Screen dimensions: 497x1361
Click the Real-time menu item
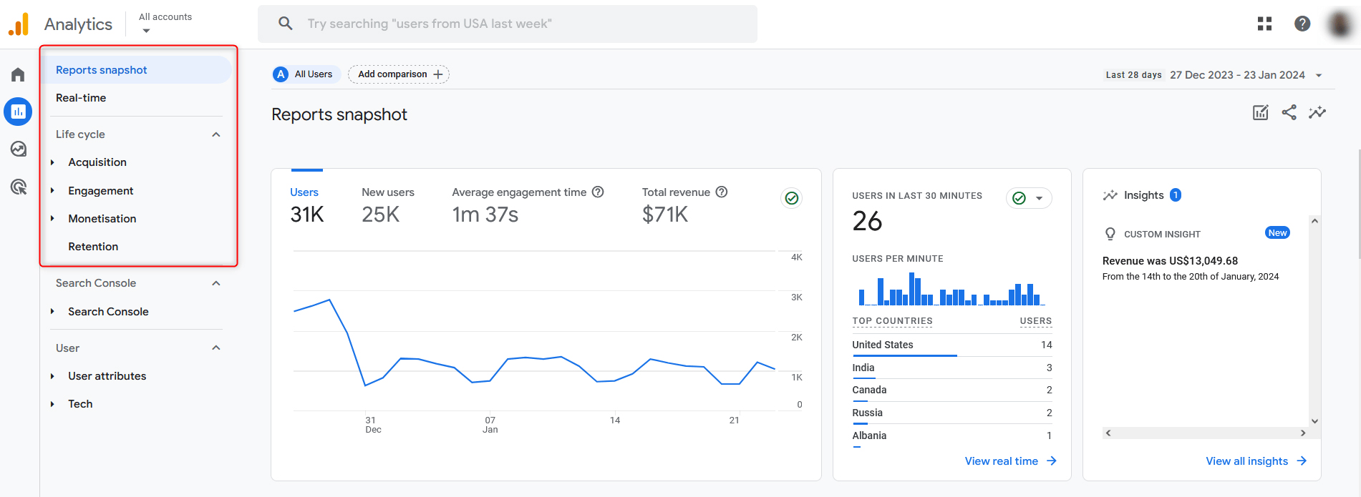[81, 98]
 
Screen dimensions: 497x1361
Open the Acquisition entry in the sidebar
[97, 162]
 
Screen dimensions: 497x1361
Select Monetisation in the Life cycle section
[102, 219]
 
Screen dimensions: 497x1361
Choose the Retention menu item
[93, 247]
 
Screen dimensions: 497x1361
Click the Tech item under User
[80, 404]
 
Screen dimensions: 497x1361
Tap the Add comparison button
[399, 74]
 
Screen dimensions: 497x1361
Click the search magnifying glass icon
[286, 24]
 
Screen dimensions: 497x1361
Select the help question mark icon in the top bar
[1302, 24]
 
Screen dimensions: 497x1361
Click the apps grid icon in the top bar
[1264, 24]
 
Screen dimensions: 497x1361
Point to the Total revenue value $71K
[664, 215]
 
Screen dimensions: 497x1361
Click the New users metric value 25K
[380, 215]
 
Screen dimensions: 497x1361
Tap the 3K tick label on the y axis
[796, 297]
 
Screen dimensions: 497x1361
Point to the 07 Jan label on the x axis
[490, 425]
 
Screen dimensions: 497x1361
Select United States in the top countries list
[882, 345]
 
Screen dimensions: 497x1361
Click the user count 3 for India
[1049, 368]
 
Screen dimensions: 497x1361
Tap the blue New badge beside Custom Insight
[1277, 233]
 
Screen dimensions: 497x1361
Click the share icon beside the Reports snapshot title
[1289, 112]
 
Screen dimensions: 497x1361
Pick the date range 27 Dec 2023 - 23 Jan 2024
[1237, 75]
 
